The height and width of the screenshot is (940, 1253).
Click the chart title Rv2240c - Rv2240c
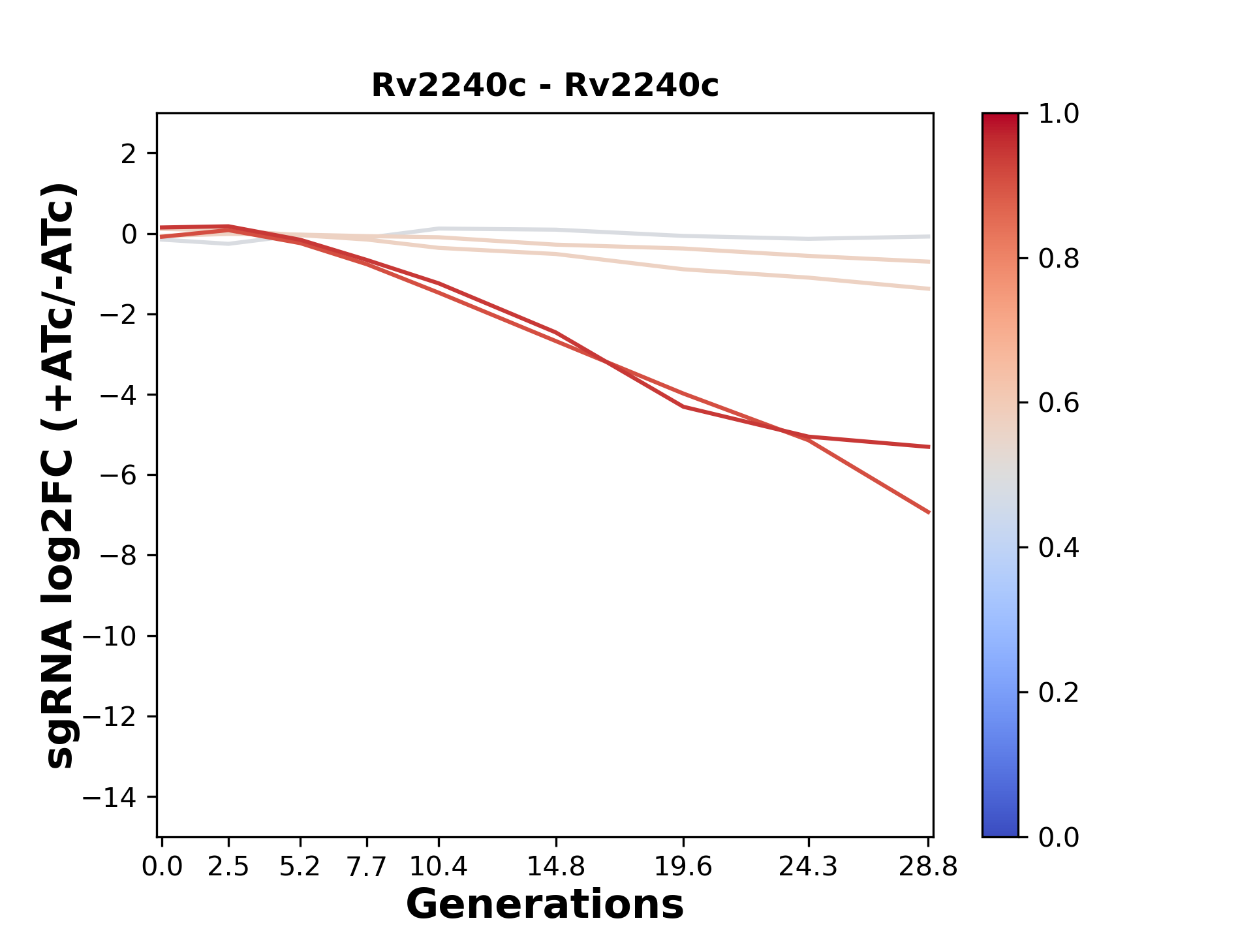point(545,86)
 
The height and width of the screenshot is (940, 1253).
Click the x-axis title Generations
point(545,905)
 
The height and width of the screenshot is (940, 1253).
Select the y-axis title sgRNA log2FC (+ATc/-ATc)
point(60,475)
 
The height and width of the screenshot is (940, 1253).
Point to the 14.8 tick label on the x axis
point(555,866)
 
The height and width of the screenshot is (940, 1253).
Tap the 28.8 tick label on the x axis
point(928,866)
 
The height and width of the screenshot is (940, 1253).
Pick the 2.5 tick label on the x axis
point(228,866)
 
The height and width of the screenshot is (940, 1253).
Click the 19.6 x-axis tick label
point(683,866)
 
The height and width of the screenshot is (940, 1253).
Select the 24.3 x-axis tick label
point(808,866)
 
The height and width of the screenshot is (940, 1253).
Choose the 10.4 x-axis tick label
point(438,866)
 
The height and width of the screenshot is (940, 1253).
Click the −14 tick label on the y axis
point(110,797)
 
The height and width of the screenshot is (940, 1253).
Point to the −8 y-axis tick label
point(118,556)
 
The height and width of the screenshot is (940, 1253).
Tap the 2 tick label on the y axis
point(129,154)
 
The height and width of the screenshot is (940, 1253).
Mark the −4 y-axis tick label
point(118,395)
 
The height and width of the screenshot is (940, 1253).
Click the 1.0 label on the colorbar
point(1059,114)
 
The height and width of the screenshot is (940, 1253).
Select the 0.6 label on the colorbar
point(1059,403)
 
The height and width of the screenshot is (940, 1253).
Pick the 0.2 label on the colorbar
point(1059,693)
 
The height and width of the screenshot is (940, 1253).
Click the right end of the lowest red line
point(929,512)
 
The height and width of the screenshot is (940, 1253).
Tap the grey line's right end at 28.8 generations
point(929,236)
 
